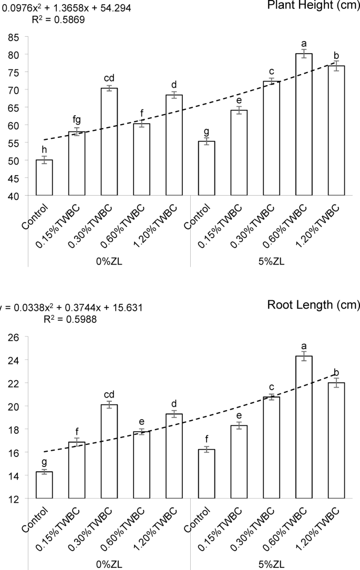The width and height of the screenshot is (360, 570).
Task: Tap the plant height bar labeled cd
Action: click(109, 141)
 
